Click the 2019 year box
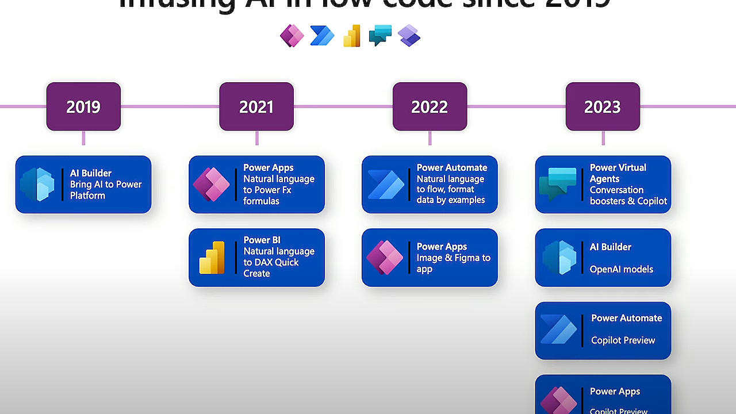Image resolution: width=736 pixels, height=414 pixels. pyautogui.click(x=83, y=106)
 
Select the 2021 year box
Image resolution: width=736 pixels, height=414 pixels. pyautogui.click(x=256, y=106)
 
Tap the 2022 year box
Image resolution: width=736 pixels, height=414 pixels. pyautogui.click(x=430, y=106)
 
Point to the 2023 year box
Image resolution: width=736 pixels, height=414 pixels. pyautogui.click(x=603, y=106)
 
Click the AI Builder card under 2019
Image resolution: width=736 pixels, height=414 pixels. pyautogui.click(x=83, y=185)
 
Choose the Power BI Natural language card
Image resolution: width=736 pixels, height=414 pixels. pyautogui.click(x=256, y=258)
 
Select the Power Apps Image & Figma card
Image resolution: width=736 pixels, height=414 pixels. pyautogui.click(x=430, y=258)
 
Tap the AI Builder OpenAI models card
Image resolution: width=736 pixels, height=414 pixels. pyautogui.click(x=603, y=258)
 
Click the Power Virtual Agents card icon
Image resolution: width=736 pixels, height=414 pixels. pyautogui.click(x=558, y=185)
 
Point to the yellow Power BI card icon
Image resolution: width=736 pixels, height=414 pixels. pyautogui.click(x=212, y=258)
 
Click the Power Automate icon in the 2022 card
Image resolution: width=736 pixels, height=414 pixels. pyautogui.click(x=385, y=185)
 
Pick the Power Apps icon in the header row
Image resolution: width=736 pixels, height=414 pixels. pyautogui.click(x=292, y=36)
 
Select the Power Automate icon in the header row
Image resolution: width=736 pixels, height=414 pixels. pyautogui.click(x=321, y=36)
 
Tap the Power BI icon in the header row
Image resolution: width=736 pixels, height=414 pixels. pyautogui.click(x=351, y=36)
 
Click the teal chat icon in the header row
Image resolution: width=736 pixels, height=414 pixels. pyautogui.click(x=380, y=36)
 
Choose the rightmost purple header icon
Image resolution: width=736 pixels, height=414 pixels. pyautogui.click(x=409, y=36)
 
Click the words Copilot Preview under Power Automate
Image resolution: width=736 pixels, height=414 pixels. pyautogui.click(x=623, y=340)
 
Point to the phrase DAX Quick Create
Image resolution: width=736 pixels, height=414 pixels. pyautogui.click(x=271, y=268)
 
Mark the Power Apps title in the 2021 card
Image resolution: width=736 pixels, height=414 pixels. pyautogui.click(x=268, y=168)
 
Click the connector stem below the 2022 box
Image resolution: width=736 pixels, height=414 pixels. pyautogui.click(x=430, y=138)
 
